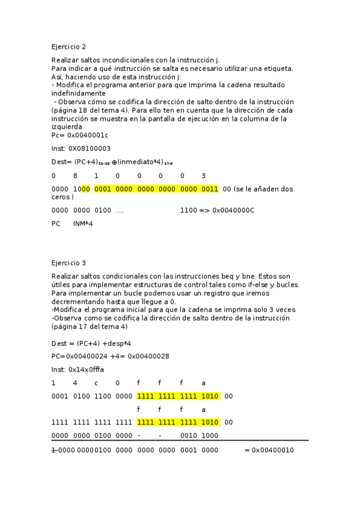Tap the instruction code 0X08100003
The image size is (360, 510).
[x=89, y=149]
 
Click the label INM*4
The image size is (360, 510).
[x=83, y=224]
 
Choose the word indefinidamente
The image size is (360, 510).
[x=78, y=93]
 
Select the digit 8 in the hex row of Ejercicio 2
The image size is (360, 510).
[x=75, y=176]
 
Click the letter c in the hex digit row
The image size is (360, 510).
[x=96, y=382]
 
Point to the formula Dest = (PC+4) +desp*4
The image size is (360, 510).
[x=91, y=343]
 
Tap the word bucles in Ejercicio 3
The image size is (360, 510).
[x=287, y=284]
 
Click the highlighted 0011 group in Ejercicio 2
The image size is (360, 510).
[x=210, y=189]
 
